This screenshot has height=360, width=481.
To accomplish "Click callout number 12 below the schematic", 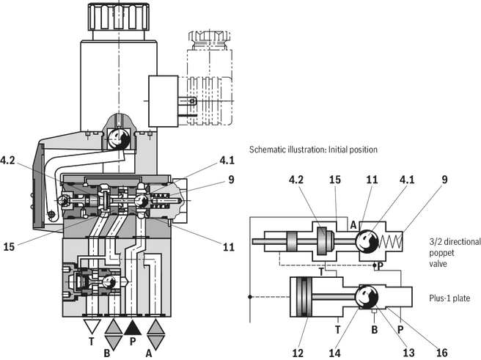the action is [298, 353].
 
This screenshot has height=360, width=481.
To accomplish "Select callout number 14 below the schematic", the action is [334, 353].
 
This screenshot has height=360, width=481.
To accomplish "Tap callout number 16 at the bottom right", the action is [441, 353].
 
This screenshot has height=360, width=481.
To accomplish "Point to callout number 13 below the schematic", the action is [408, 353].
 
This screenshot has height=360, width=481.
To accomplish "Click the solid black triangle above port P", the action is [133, 328].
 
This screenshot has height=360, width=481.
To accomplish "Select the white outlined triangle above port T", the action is [92, 326].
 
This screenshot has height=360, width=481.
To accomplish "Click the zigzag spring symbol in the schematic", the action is [390, 241].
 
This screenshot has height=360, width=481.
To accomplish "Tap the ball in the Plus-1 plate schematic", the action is [367, 296].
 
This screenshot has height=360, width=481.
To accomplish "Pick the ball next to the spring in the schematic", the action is [367, 242].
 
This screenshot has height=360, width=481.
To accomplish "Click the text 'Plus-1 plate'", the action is [449, 298].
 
